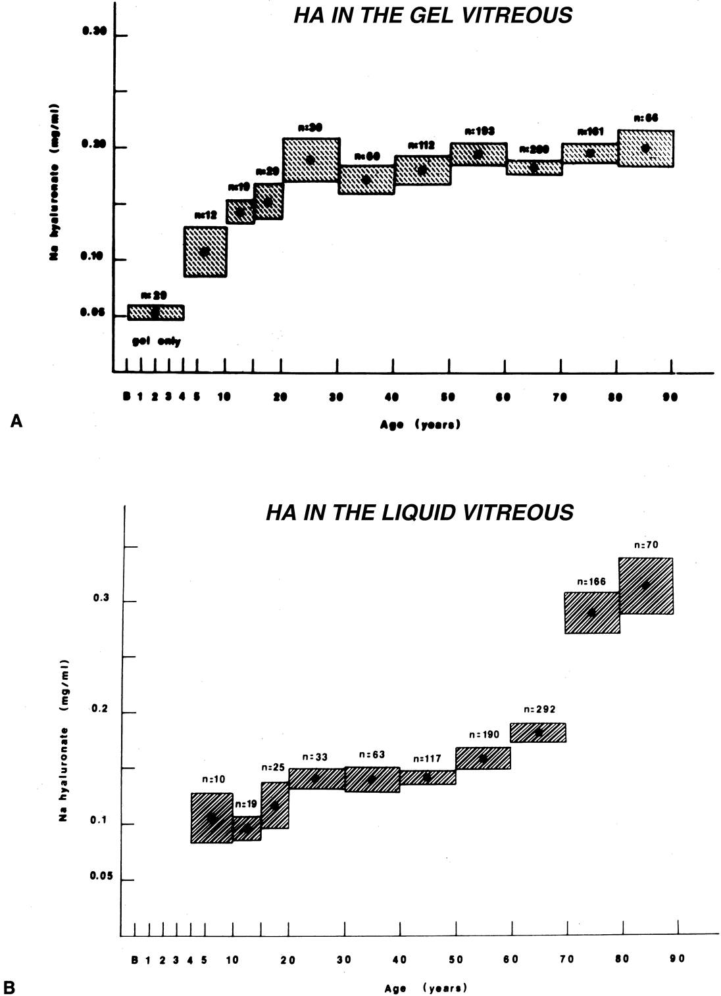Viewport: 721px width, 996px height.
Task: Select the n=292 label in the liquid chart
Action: (540, 709)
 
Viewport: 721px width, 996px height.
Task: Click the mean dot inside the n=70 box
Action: (646, 584)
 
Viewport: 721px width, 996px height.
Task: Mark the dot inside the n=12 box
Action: (205, 251)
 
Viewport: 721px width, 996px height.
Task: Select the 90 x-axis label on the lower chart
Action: (678, 959)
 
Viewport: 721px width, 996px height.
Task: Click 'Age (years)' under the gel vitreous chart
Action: (420, 425)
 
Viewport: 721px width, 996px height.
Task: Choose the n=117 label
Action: (426, 759)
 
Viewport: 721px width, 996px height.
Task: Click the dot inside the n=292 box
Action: (539, 732)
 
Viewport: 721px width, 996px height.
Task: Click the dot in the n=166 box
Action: (591, 612)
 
